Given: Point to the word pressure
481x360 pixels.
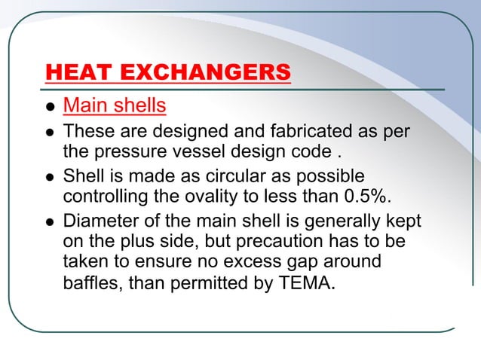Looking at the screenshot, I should tap(124, 154).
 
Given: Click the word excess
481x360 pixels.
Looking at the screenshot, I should tap(240, 264).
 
